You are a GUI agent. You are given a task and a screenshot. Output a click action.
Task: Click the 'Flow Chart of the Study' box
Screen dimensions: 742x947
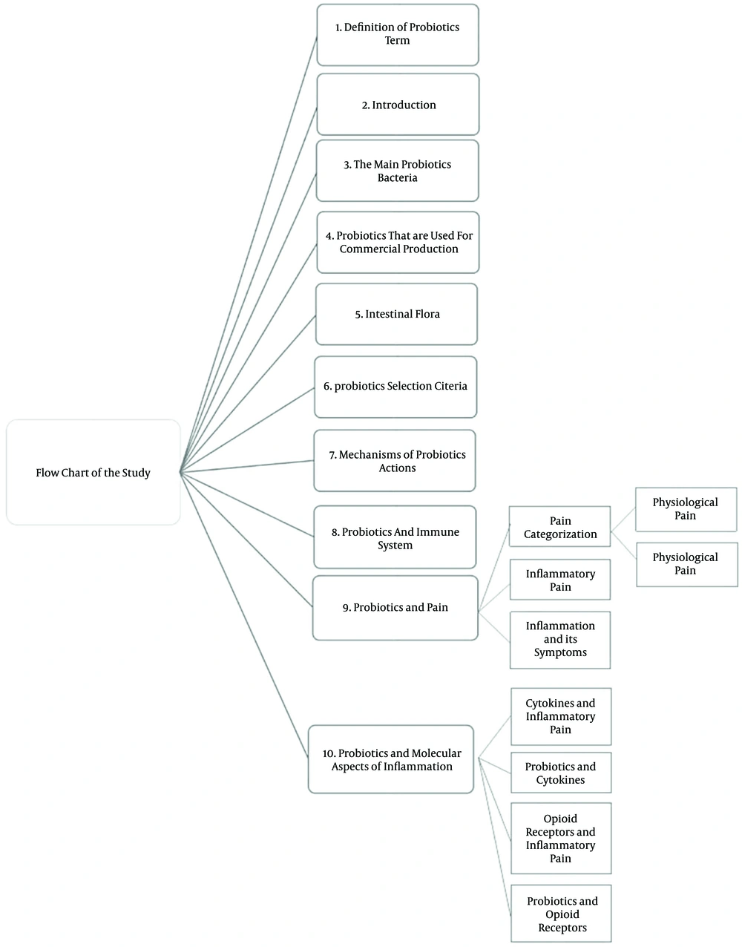pyautogui.click(x=93, y=473)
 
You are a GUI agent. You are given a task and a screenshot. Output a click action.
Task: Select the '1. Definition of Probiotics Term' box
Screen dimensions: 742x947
pyautogui.click(x=398, y=35)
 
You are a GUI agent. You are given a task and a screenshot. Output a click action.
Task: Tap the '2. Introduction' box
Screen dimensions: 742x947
pyautogui.click(x=398, y=105)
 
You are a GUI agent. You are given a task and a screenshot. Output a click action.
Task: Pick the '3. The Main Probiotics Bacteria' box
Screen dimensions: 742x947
pyautogui.click(x=398, y=171)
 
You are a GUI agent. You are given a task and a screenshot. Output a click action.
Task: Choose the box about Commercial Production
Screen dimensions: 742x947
pyautogui.click(x=398, y=242)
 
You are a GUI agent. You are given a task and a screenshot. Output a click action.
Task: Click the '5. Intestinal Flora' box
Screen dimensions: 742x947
pyautogui.click(x=396, y=314)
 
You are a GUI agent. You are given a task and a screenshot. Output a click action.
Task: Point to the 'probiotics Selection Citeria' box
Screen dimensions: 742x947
pyautogui.click(x=395, y=387)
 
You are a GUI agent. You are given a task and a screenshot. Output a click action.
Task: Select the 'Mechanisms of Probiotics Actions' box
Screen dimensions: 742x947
pyautogui.click(x=395, y=461)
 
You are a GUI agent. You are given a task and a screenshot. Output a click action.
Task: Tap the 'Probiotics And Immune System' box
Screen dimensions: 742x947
pyautogui.click(x=395, y=537)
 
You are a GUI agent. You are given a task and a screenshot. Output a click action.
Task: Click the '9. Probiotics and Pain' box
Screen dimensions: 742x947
pyautogui.click(x=395, y=608)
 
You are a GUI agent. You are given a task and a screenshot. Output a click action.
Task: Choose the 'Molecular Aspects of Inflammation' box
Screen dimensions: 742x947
pyautogui.click(x=391, y=760)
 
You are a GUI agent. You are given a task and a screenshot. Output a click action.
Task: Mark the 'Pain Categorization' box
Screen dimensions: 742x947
pyautogui.click(x=560, y=526)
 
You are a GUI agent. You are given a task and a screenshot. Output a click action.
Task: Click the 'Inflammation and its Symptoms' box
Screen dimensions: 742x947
pyautogui.click(x=560, y=640)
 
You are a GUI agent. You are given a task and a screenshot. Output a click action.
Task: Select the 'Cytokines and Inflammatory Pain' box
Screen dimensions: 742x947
pyautogui.click(x=561, y=716)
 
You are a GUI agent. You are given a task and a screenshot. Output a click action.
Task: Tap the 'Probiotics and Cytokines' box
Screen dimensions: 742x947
pyautogui.click(x=561, y=773)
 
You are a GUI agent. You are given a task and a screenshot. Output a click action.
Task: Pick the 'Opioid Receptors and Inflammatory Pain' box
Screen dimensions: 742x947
pyautogui.click(x=561, y=839)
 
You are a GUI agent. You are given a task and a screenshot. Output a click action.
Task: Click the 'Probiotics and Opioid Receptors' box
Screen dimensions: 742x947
pyautogui.click(x=561, y=914)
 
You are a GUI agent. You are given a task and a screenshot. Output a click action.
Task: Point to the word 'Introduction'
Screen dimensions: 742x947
pyautogui.click(x=404, y=105)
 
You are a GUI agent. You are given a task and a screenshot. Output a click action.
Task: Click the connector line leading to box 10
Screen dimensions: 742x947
pyautogui.click(x=244, y=615)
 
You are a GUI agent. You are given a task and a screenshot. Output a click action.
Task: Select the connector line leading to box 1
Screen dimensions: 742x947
pyautogui.click(x=249, y=255)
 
